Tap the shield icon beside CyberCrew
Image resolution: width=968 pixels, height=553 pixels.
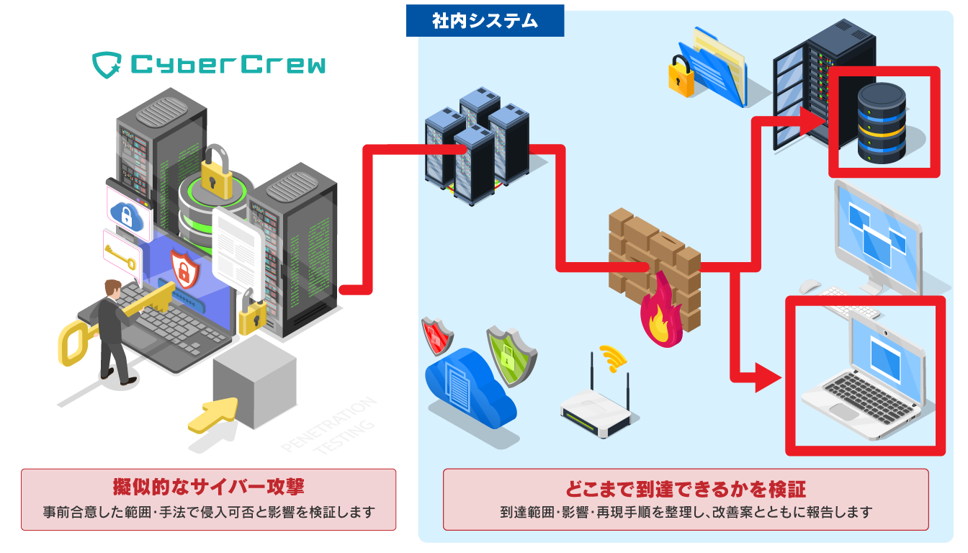[107, 65]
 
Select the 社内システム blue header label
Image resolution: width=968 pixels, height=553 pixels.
[485, 22]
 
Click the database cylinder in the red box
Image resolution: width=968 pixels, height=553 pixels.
[882, 122]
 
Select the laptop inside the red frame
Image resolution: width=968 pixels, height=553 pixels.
[864, 378]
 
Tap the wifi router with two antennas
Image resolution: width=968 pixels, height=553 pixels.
[598, 414]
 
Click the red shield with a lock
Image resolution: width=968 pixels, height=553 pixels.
[437, 336]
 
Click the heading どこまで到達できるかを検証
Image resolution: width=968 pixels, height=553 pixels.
[685, 490]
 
